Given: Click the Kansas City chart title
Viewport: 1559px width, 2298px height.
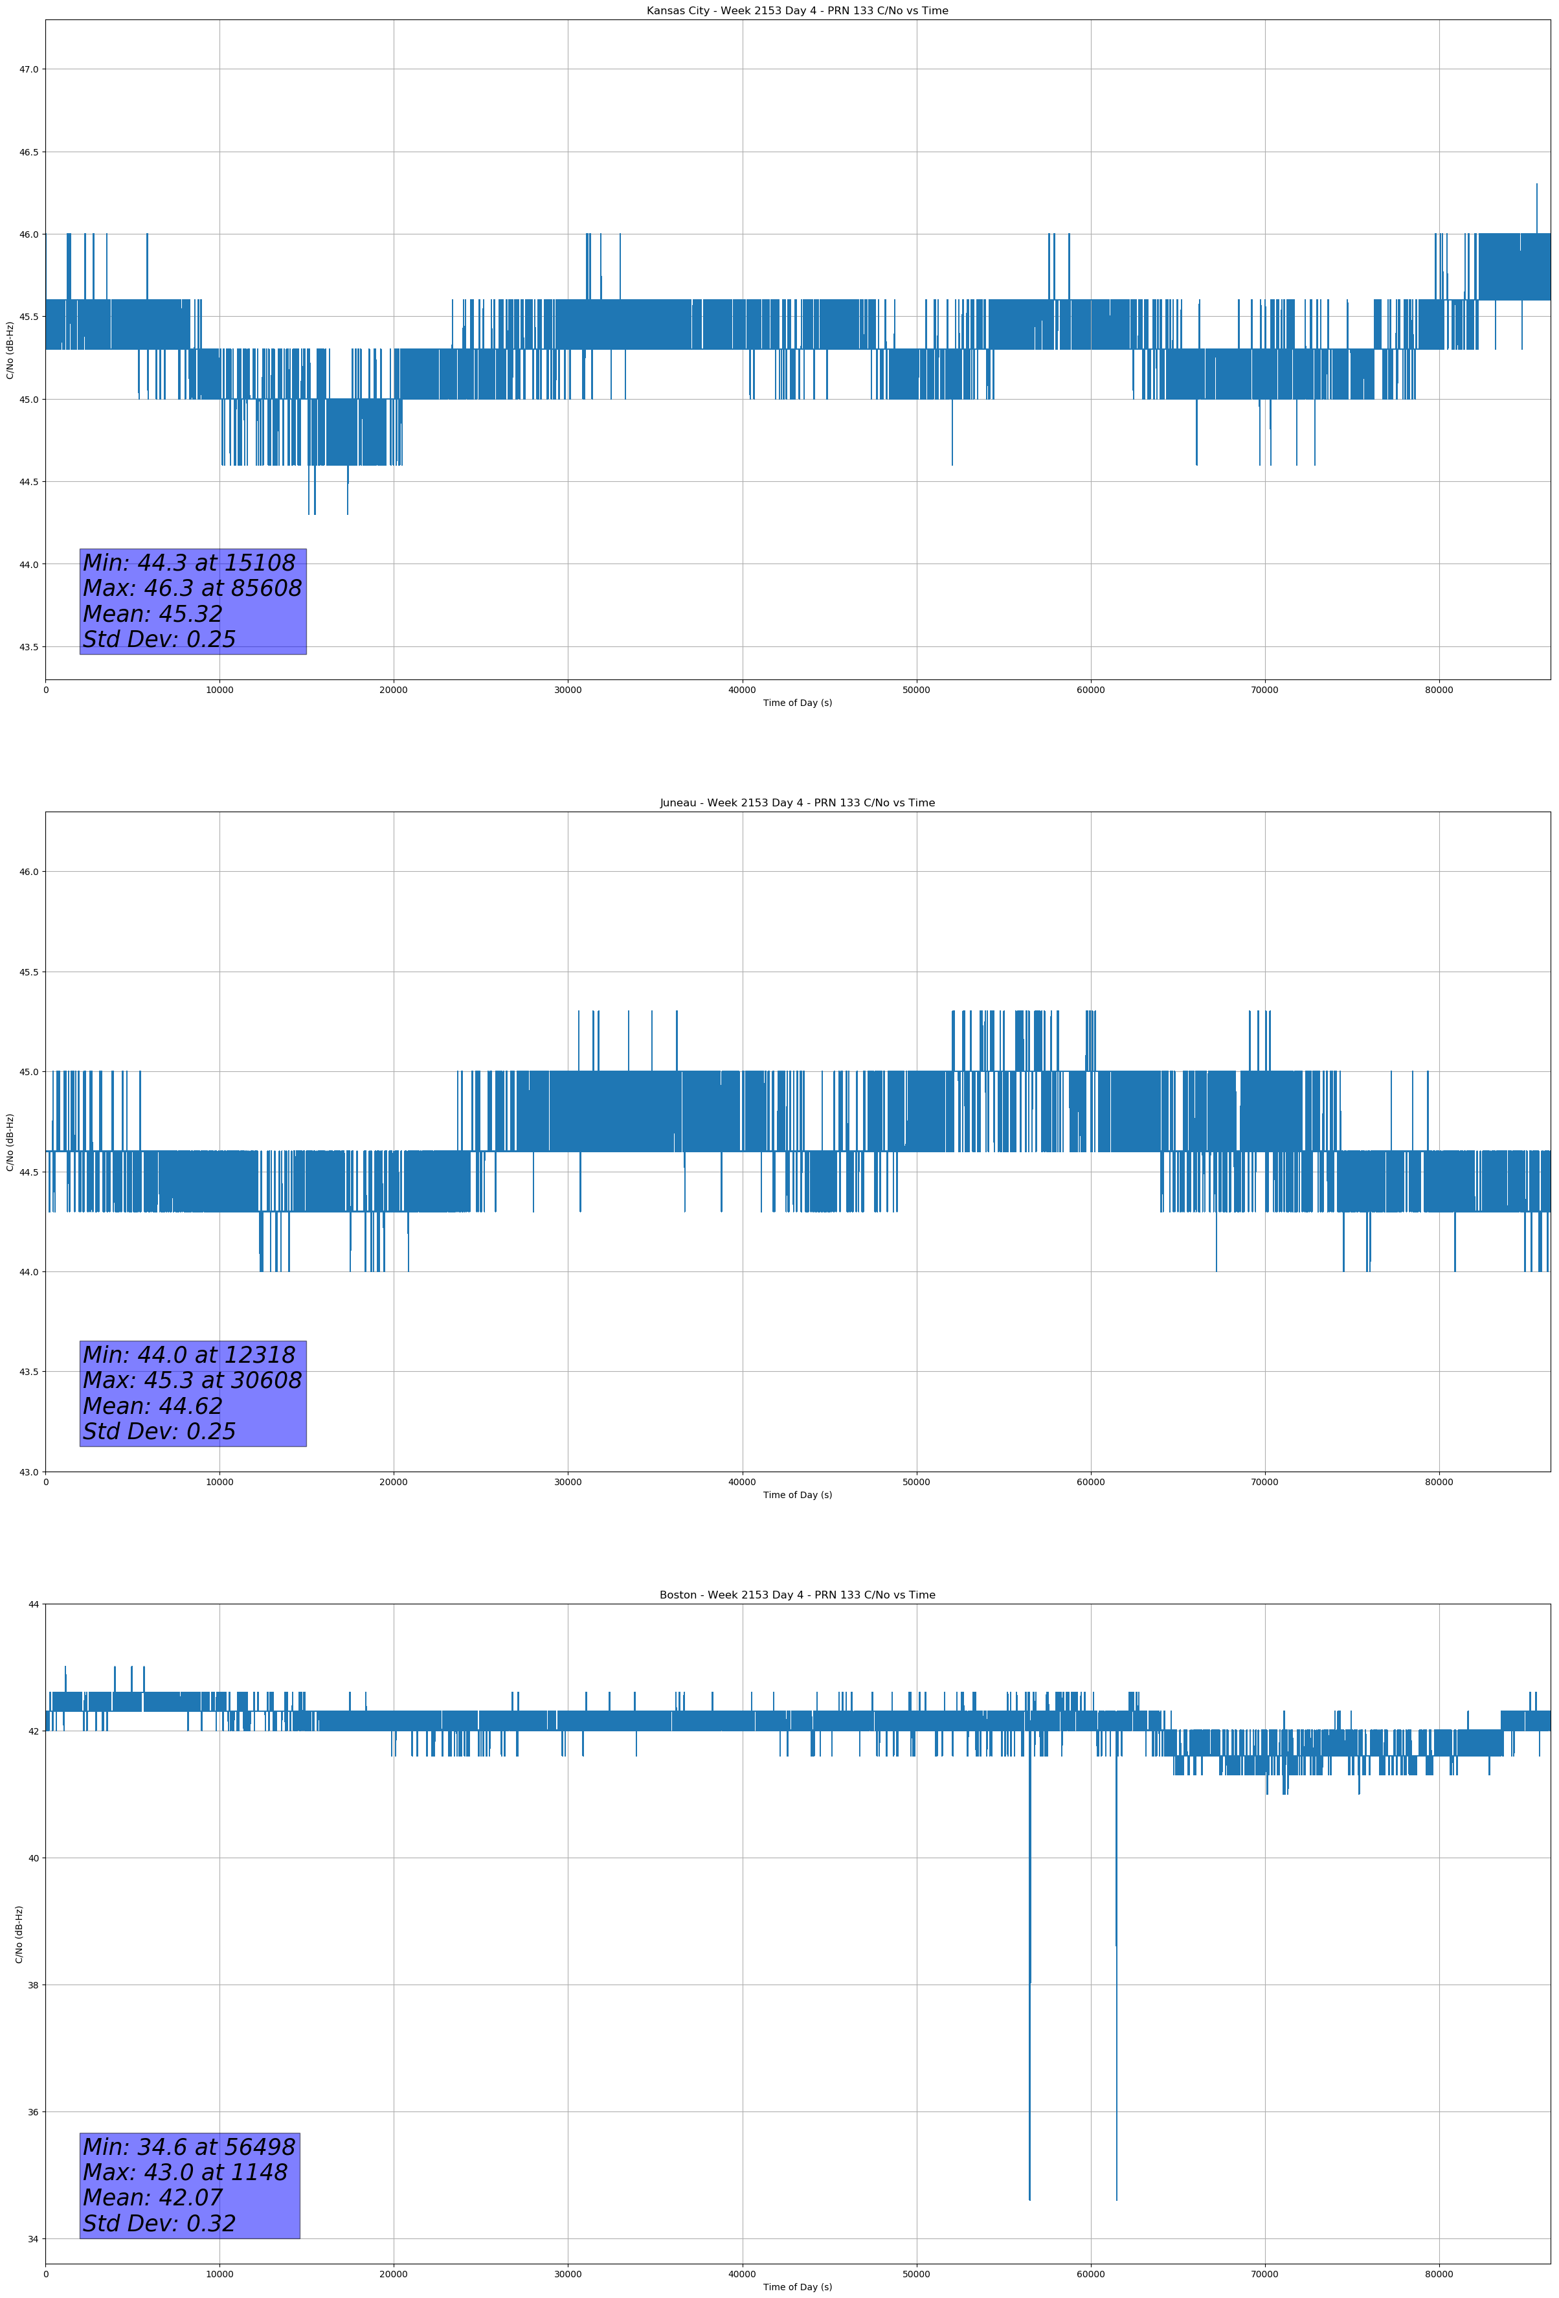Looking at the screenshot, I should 797,11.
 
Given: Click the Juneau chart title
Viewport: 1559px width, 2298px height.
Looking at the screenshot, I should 797,803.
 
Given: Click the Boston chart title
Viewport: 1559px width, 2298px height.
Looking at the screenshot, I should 797,1595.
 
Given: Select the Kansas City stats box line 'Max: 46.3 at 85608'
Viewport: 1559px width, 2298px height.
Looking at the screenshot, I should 192,588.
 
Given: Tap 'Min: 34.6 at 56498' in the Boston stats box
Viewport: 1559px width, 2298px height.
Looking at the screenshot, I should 188,2146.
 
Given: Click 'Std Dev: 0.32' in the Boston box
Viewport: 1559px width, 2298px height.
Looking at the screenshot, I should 159,2224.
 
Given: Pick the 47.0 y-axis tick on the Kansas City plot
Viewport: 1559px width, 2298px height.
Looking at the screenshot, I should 28,69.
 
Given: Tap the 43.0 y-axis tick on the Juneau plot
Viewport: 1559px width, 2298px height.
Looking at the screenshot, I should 28,1472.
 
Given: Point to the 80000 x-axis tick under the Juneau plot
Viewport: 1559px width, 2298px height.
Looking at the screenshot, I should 1439,1482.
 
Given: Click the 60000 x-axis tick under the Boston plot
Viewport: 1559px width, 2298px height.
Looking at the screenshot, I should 1090,2274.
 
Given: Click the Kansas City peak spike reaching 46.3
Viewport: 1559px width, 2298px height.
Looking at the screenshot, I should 1536,188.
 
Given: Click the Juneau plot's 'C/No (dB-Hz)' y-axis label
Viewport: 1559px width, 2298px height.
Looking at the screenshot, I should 10,1142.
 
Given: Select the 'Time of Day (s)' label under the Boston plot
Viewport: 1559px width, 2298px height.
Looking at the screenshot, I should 797,2287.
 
